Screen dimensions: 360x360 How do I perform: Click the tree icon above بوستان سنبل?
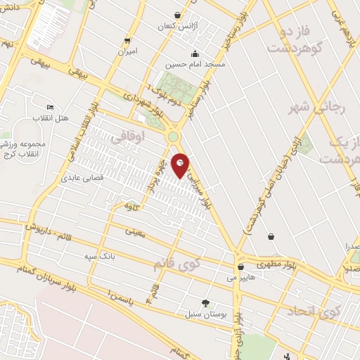point(205,303)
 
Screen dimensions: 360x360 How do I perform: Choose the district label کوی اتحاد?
point(314,310)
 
